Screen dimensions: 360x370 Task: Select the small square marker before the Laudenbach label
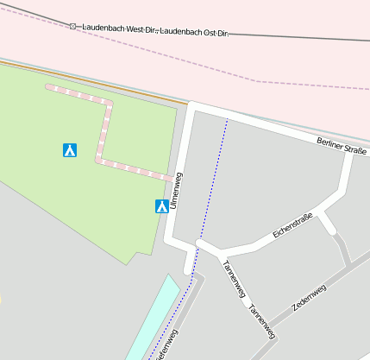coord(73,26)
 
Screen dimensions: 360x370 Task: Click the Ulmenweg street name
coord(176,191)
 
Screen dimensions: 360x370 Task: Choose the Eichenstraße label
coord(292,226)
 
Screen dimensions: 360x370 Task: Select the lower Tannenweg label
coord(260,321)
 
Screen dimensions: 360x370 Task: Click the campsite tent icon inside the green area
coord(70,150)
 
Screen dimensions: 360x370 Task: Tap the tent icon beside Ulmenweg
coord(161,206)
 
